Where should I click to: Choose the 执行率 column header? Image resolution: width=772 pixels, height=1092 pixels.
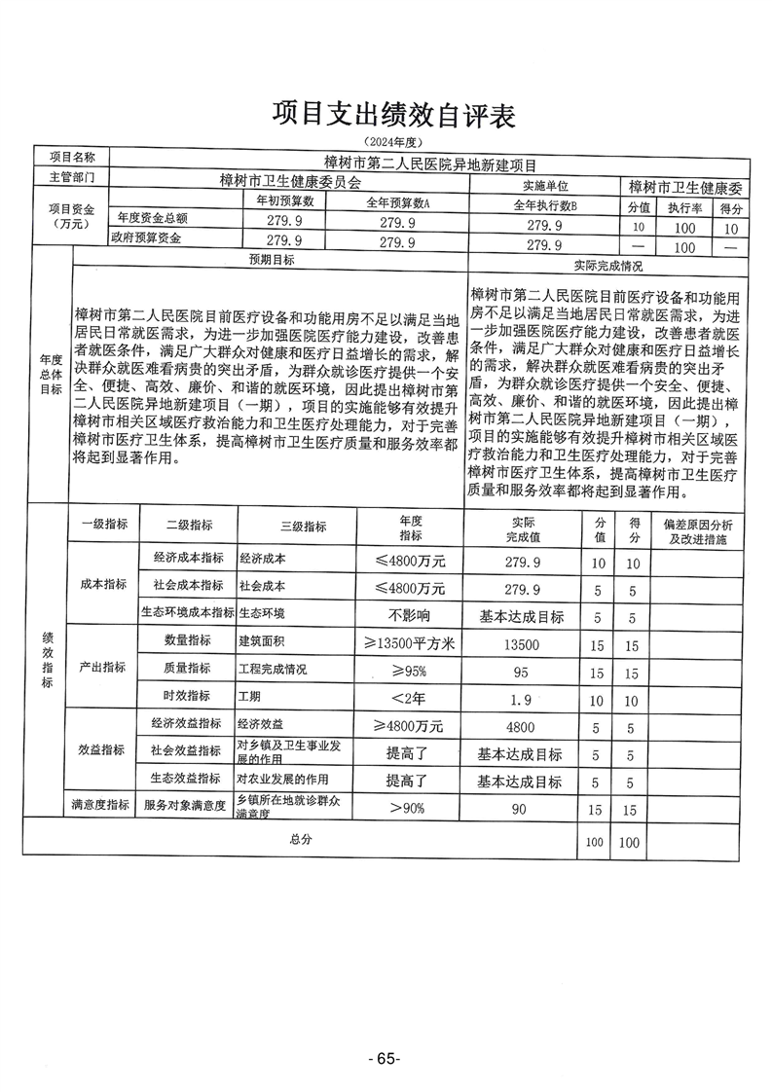(x=684, y=207)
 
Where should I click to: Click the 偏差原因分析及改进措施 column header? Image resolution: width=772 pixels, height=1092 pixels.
(x=698, y=530)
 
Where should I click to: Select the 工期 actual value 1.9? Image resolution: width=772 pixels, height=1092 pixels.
(x=523, y=700)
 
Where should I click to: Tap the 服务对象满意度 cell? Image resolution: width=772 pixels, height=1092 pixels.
(x=185, y=806)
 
